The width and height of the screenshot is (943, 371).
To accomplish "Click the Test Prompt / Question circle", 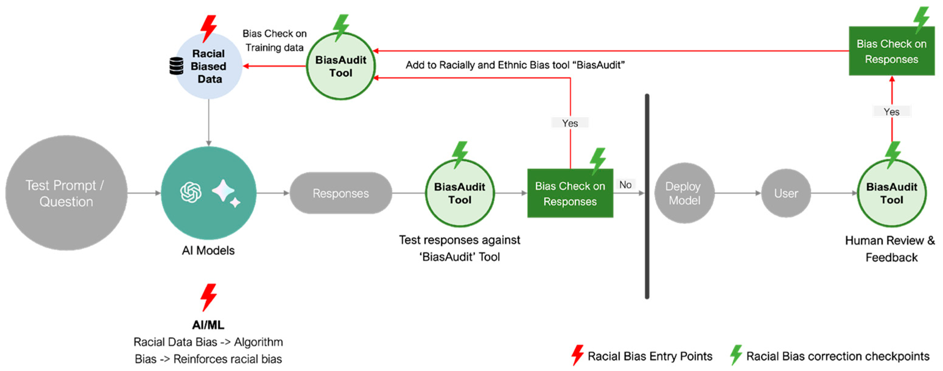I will pos(66,193).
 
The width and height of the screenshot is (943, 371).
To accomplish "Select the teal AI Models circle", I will pos(208,193).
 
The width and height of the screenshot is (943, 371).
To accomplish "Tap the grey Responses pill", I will pos(341,193).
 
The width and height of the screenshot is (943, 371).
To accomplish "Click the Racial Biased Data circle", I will pos(209,66).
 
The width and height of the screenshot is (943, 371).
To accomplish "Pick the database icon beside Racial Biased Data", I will pos(176,66).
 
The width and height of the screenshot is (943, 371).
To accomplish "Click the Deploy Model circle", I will pos(683,193).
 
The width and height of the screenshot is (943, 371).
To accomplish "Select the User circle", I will pos(786,193).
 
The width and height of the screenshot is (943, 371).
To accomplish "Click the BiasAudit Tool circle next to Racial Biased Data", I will pos(341,66).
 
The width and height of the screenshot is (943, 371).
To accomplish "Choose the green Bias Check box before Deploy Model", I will pos(570,193).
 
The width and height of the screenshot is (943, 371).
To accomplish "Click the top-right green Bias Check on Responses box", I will pos(891,51).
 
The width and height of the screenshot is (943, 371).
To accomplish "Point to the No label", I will pos(625,184).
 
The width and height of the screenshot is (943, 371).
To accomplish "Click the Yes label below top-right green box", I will pos(891,111).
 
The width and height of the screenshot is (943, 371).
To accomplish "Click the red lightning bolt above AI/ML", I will pos(209,297).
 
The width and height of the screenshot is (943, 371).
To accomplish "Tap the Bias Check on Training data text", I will pos(274,40).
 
